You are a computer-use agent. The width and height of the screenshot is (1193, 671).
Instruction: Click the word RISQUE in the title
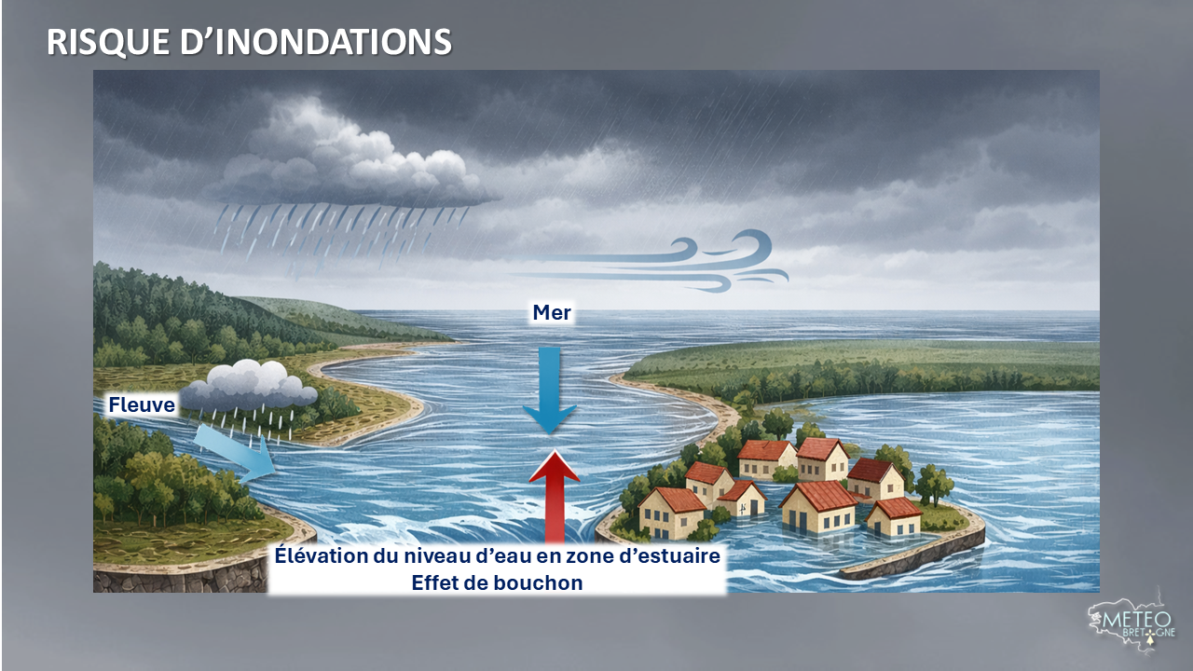coord(107,42)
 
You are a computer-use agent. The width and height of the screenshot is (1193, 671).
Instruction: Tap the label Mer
coord(552,312)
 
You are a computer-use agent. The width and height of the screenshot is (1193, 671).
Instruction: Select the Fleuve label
coord(142,404)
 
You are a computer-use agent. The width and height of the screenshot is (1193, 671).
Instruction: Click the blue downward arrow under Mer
coord(550,390)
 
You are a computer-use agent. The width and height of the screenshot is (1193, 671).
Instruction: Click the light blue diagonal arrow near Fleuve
coord(233,452)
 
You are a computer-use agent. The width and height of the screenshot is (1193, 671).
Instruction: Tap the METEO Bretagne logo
coord(1131,625)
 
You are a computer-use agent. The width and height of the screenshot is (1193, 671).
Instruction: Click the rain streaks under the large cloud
coord(341,240)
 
